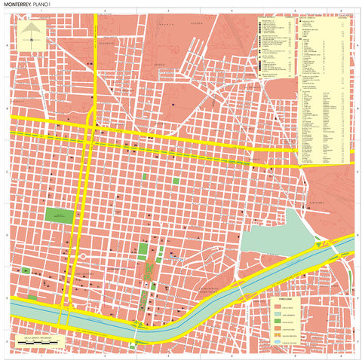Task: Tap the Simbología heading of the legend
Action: (285, 300)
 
